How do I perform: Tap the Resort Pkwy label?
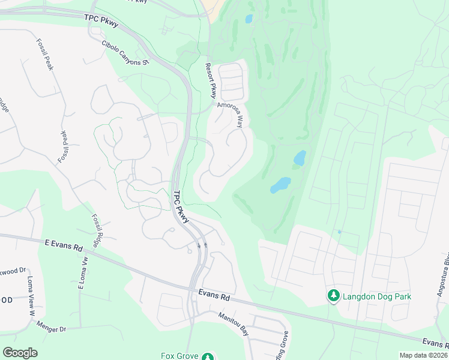point(210,80)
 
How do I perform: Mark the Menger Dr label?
point(51,329)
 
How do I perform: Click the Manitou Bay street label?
point(234,323)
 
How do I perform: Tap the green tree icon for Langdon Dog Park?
point(334,295)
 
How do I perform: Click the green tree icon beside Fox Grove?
point(208,357)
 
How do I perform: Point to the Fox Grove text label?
point(179,356)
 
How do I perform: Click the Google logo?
point(20,352)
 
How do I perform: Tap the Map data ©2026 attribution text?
point(423,355)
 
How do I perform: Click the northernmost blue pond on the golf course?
point(249,19)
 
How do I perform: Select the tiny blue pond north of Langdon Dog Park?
point(339,232)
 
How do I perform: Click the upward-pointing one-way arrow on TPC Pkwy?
point(206,245)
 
